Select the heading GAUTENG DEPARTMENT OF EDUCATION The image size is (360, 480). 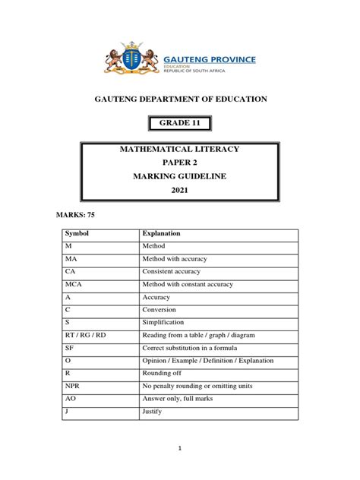tap(180, 99)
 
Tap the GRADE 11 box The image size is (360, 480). tap(179, 124)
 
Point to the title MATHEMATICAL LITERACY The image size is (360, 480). tap(180, 149)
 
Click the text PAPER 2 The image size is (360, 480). tap(180, 163)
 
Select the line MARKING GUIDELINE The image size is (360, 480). tap(180, 176)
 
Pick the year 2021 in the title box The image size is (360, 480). tap(180, 190)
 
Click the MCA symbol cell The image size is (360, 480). tap(73, 284)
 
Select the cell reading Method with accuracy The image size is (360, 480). tap(174, 259)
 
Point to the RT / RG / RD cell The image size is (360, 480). tap(85, 335)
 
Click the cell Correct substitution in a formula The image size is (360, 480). tap(190, 347)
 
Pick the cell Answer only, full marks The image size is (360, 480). tap(179, 398)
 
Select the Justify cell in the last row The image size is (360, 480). tap(153, 411)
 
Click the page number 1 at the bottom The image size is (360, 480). tap(180, 448)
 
